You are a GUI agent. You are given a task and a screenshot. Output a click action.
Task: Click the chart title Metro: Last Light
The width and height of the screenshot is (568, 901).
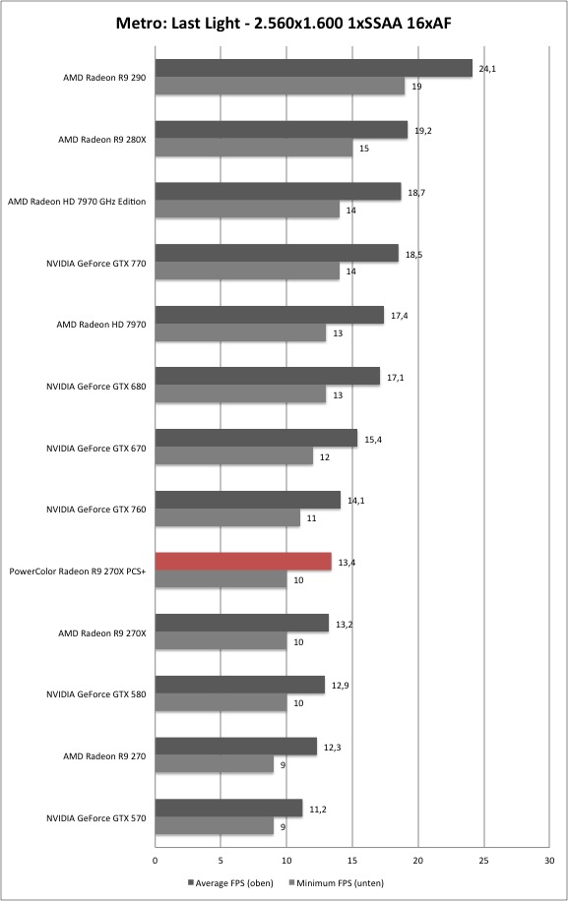point(177,23)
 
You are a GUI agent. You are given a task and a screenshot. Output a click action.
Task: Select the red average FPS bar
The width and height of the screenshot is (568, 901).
point(243,562)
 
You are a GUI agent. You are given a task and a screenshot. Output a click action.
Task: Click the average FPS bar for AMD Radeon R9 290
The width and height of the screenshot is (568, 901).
point(313,68)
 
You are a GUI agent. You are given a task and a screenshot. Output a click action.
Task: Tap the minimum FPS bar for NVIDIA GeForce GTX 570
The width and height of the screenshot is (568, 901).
point(215,826)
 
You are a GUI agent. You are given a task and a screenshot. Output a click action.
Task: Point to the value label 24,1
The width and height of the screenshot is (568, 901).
point(487,69)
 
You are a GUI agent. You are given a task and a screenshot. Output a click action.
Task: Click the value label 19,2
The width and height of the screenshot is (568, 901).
point(423,131)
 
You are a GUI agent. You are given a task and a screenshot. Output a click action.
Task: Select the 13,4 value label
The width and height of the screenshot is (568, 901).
point(347,563)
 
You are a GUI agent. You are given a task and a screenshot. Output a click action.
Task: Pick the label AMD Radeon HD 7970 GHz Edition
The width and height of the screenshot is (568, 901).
point(77,202)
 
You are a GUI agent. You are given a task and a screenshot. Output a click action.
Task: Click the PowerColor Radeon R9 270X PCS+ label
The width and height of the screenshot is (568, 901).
point(78,571)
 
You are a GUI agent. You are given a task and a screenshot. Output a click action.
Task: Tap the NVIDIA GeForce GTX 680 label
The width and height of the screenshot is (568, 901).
point(96,387)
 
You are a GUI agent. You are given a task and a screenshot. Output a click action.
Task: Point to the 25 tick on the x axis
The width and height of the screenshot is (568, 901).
point(484,861)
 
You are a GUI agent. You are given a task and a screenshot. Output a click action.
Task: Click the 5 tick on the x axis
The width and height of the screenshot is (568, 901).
point(221,861)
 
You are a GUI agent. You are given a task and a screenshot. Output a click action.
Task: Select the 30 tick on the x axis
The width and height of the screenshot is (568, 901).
point(549,861)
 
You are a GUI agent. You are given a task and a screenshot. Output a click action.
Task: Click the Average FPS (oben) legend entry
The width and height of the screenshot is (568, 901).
point(230,882)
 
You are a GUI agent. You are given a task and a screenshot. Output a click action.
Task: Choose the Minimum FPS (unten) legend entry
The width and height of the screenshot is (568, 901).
point(335,882)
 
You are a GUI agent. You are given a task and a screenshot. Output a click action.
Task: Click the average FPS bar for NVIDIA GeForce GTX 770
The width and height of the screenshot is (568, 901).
point(277,254)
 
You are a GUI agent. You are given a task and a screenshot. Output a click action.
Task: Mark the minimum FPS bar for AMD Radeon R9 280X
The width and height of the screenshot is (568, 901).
point(254,148)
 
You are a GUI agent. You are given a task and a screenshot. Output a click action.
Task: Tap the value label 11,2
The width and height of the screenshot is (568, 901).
point(318,810)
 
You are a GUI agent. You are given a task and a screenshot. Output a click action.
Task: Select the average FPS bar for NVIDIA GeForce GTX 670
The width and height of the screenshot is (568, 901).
point(256,439)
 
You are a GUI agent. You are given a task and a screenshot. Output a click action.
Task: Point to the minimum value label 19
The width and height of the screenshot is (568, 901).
point(416,87)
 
